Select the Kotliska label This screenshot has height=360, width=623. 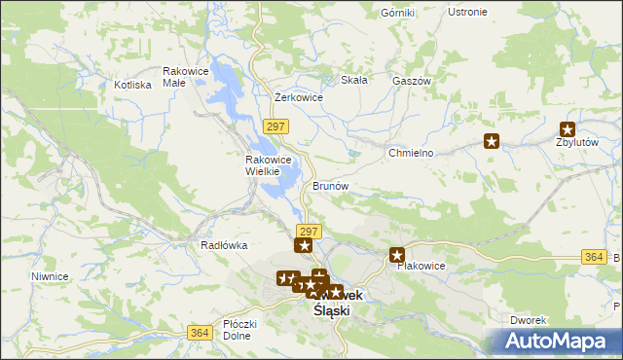pos(132,85)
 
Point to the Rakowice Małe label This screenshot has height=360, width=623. pos(187,77)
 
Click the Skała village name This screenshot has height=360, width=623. pos(353,80)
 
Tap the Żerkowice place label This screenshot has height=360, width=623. pos(299,97)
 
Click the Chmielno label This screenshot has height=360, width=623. pos(410,154)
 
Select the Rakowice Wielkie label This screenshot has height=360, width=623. pos(262,165)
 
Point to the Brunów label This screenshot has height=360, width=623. pos(330,185)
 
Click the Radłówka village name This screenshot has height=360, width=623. pos(224,246)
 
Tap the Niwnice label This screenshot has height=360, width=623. pos(49,276)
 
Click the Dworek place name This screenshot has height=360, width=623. pos(531,320)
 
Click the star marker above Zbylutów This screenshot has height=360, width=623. pos(568,128)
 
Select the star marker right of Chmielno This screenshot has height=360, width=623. pos(492,141)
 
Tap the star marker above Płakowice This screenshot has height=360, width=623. pos(397,255)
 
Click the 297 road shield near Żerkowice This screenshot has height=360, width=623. pos(275,126)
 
